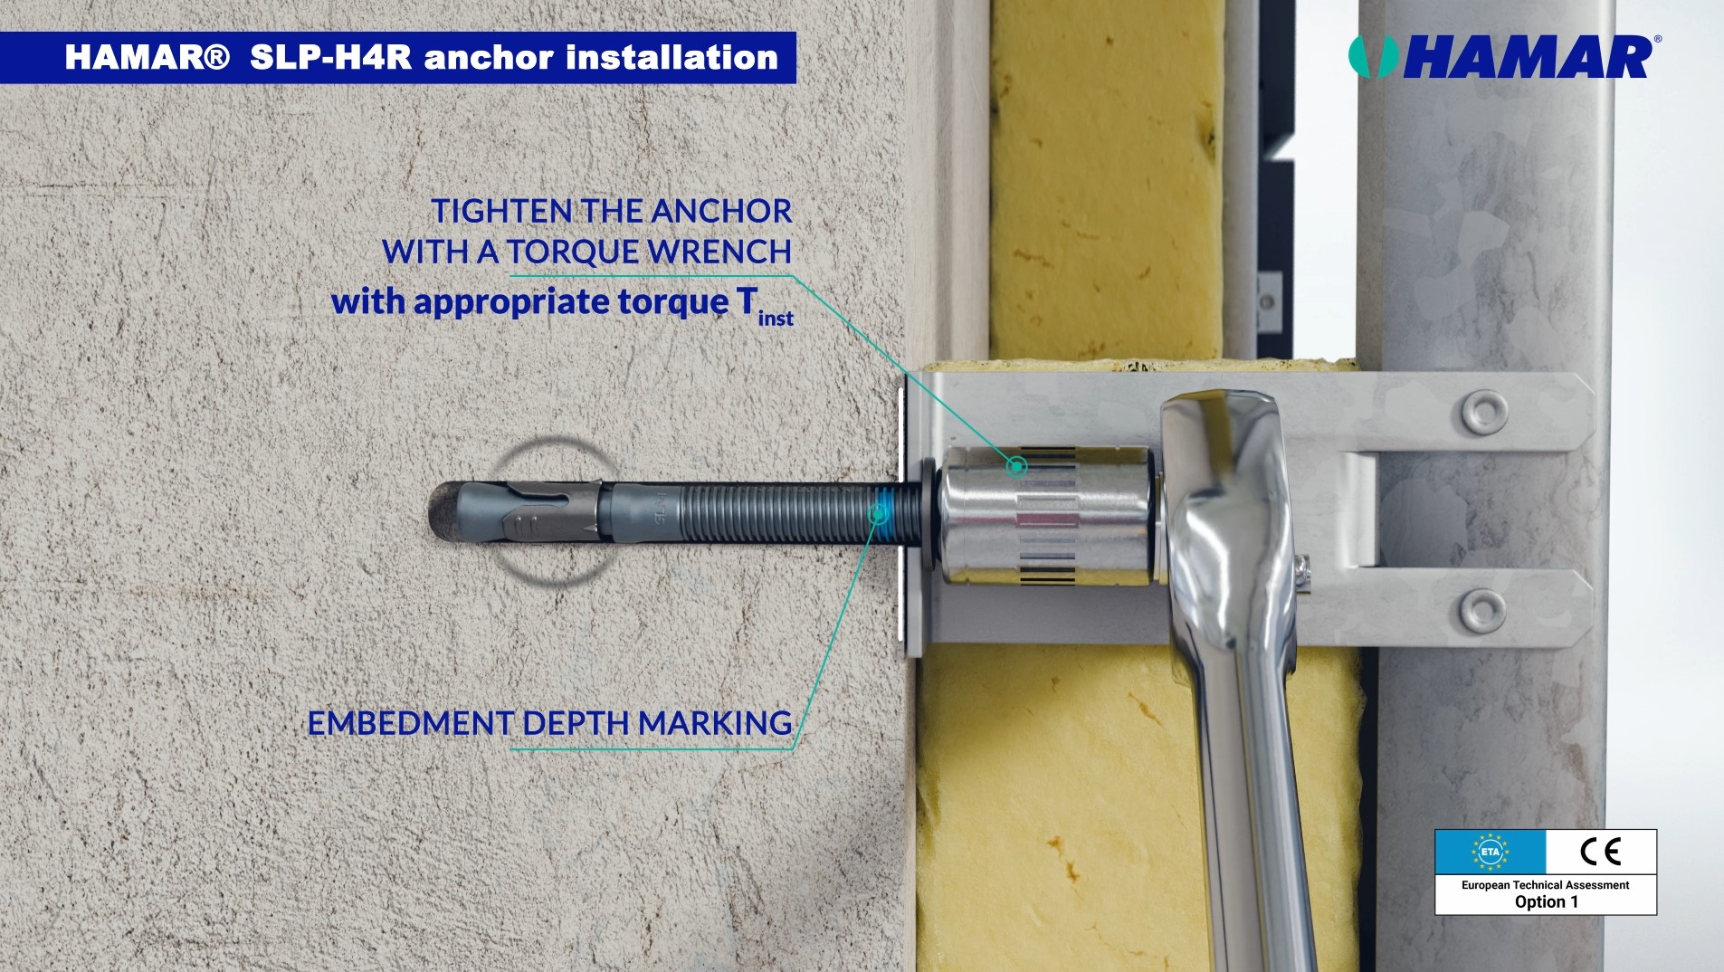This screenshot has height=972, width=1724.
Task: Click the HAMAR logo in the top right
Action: [x=1504, y=57]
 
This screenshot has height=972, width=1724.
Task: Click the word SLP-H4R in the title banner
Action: [x=330, y=58]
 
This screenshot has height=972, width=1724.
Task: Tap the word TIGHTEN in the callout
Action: [x=501, y=211]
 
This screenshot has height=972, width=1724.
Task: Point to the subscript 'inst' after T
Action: [x=776, y=319]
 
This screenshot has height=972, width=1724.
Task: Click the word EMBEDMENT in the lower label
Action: [x=411, y=723]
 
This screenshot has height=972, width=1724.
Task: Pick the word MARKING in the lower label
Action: [x=715, y=723]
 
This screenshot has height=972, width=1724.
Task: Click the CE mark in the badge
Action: [x=1600, y=852]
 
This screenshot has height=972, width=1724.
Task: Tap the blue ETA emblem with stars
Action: [x=1490, y=852]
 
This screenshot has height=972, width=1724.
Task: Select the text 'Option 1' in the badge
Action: [x=1546, y=902]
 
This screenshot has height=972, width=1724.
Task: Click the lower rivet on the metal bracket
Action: [x=1481, y=610]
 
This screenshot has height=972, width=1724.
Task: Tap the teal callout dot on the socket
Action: [x=1017, y=467]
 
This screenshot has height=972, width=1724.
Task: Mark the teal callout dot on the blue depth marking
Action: [x=876, y=514]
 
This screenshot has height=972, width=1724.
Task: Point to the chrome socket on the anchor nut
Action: [x=1048, y=514]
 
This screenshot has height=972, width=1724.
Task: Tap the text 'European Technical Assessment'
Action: [x=1546, y=885]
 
